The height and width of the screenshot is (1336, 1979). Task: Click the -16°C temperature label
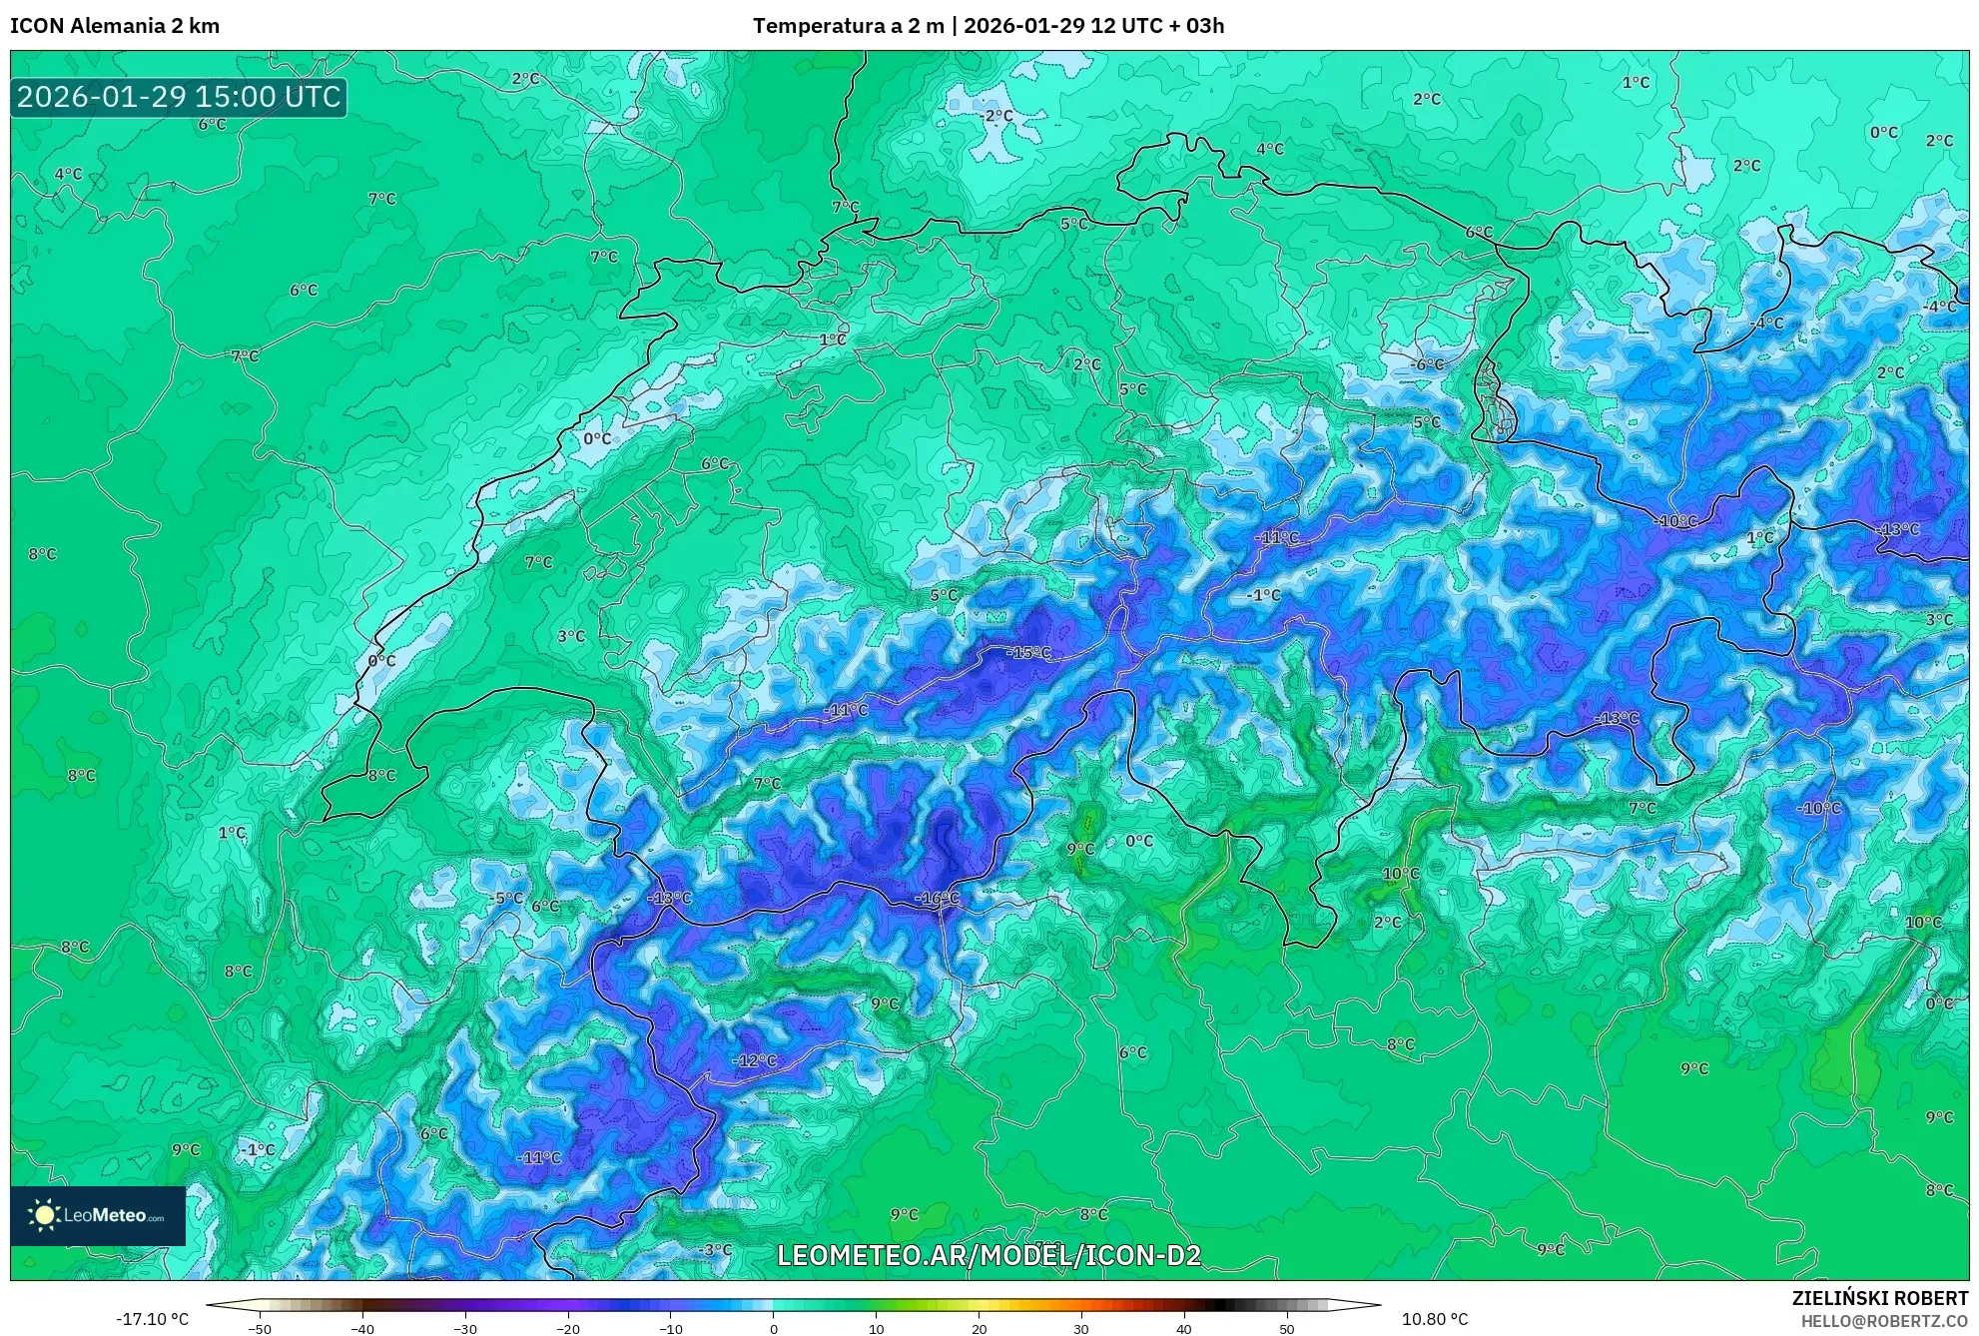coord(937,899)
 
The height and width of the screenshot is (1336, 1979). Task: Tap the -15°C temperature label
coord(1028,653)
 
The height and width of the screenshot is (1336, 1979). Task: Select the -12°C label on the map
coord(754,1060)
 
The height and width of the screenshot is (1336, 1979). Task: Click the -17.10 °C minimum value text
coord(152,1319)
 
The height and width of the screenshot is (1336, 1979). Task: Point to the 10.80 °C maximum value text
coord(1435,1319)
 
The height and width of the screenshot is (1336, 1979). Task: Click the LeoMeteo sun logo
coord(44,1215)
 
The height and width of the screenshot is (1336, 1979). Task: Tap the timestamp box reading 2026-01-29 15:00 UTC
coord(179,97)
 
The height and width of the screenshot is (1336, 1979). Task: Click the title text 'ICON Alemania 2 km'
coord(115,26)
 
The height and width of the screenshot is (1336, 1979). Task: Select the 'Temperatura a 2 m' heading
coord(848,26)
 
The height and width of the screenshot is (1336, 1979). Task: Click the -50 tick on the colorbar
coord(260,1329)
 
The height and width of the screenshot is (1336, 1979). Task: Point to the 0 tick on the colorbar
coord(773,1329)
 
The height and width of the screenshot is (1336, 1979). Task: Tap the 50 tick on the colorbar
coord(1287,1329)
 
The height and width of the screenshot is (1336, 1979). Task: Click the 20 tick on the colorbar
coord(979,1329)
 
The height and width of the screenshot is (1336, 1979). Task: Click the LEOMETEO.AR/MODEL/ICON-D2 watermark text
coord(989,1256)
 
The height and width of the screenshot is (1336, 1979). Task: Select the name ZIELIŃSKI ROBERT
coord(1879,1298)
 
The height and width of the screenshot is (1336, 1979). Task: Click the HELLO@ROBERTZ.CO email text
coord(1884,1321)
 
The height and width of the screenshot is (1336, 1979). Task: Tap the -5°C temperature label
coord(507,898)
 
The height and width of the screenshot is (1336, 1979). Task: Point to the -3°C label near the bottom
coord(716,1249)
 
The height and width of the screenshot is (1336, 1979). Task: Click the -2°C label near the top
coord(996,116)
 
